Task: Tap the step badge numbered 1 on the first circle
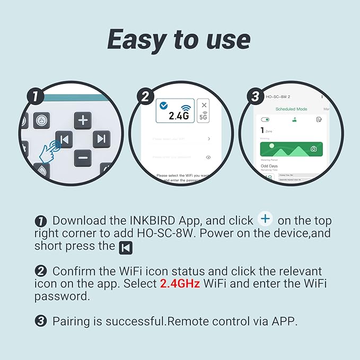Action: pyautogui.click(x=35, y=96)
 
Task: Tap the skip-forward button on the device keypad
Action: pyautogui.click(x=101, y=139)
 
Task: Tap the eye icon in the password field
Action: pyautogui.click(x=208, y=157)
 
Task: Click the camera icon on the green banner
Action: pyautogui.click(x=314, y=149)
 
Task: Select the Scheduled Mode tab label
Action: pyautogui.click(x=291, y=109)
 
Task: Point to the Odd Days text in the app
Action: pyautogui.click(x=270, y=166)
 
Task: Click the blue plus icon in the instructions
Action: pyautogui.click(x=265, y=219)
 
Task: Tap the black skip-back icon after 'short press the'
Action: pyautogui.click(x=126, y=247)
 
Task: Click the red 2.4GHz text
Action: pyautogui.click(x=180, y=284)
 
